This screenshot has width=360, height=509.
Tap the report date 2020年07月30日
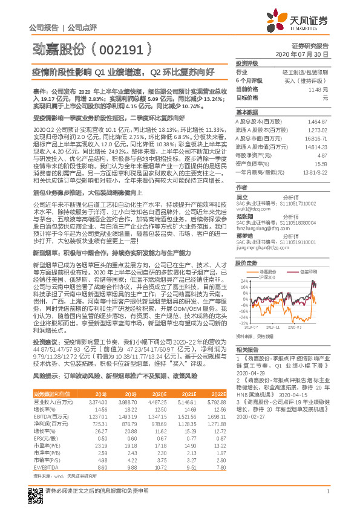point(306,54)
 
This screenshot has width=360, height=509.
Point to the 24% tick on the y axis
point(241,264)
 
